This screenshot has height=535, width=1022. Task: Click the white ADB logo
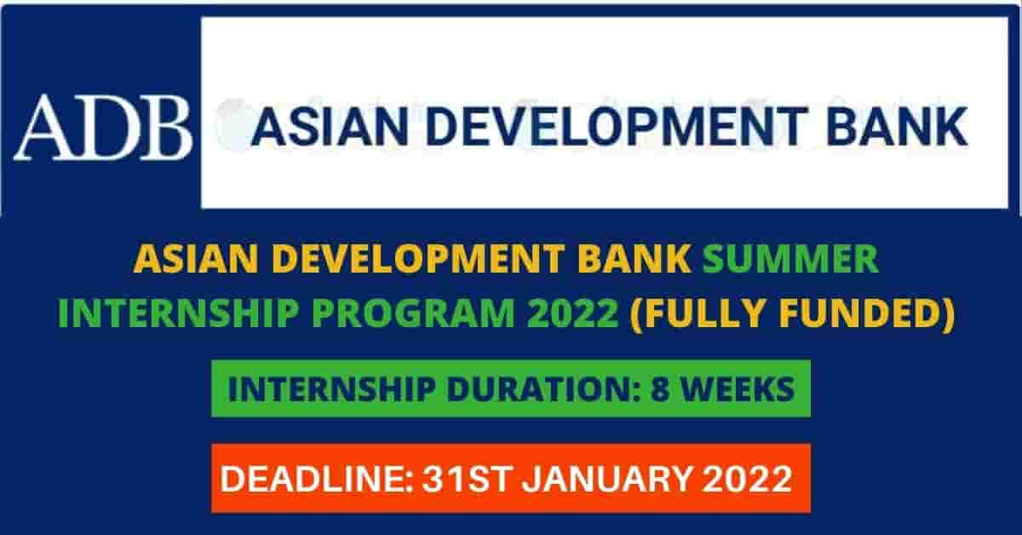[103, 127]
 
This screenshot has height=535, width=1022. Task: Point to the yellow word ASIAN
[196, 259]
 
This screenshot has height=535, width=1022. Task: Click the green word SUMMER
[790, 259]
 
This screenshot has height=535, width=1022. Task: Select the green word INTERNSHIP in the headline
[178, 314]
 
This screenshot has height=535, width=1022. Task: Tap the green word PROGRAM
[414, 314]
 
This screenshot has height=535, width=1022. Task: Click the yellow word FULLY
[698, 314]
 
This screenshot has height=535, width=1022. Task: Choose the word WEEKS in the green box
[738, 389]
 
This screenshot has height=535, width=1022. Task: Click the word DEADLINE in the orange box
[317, 479]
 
